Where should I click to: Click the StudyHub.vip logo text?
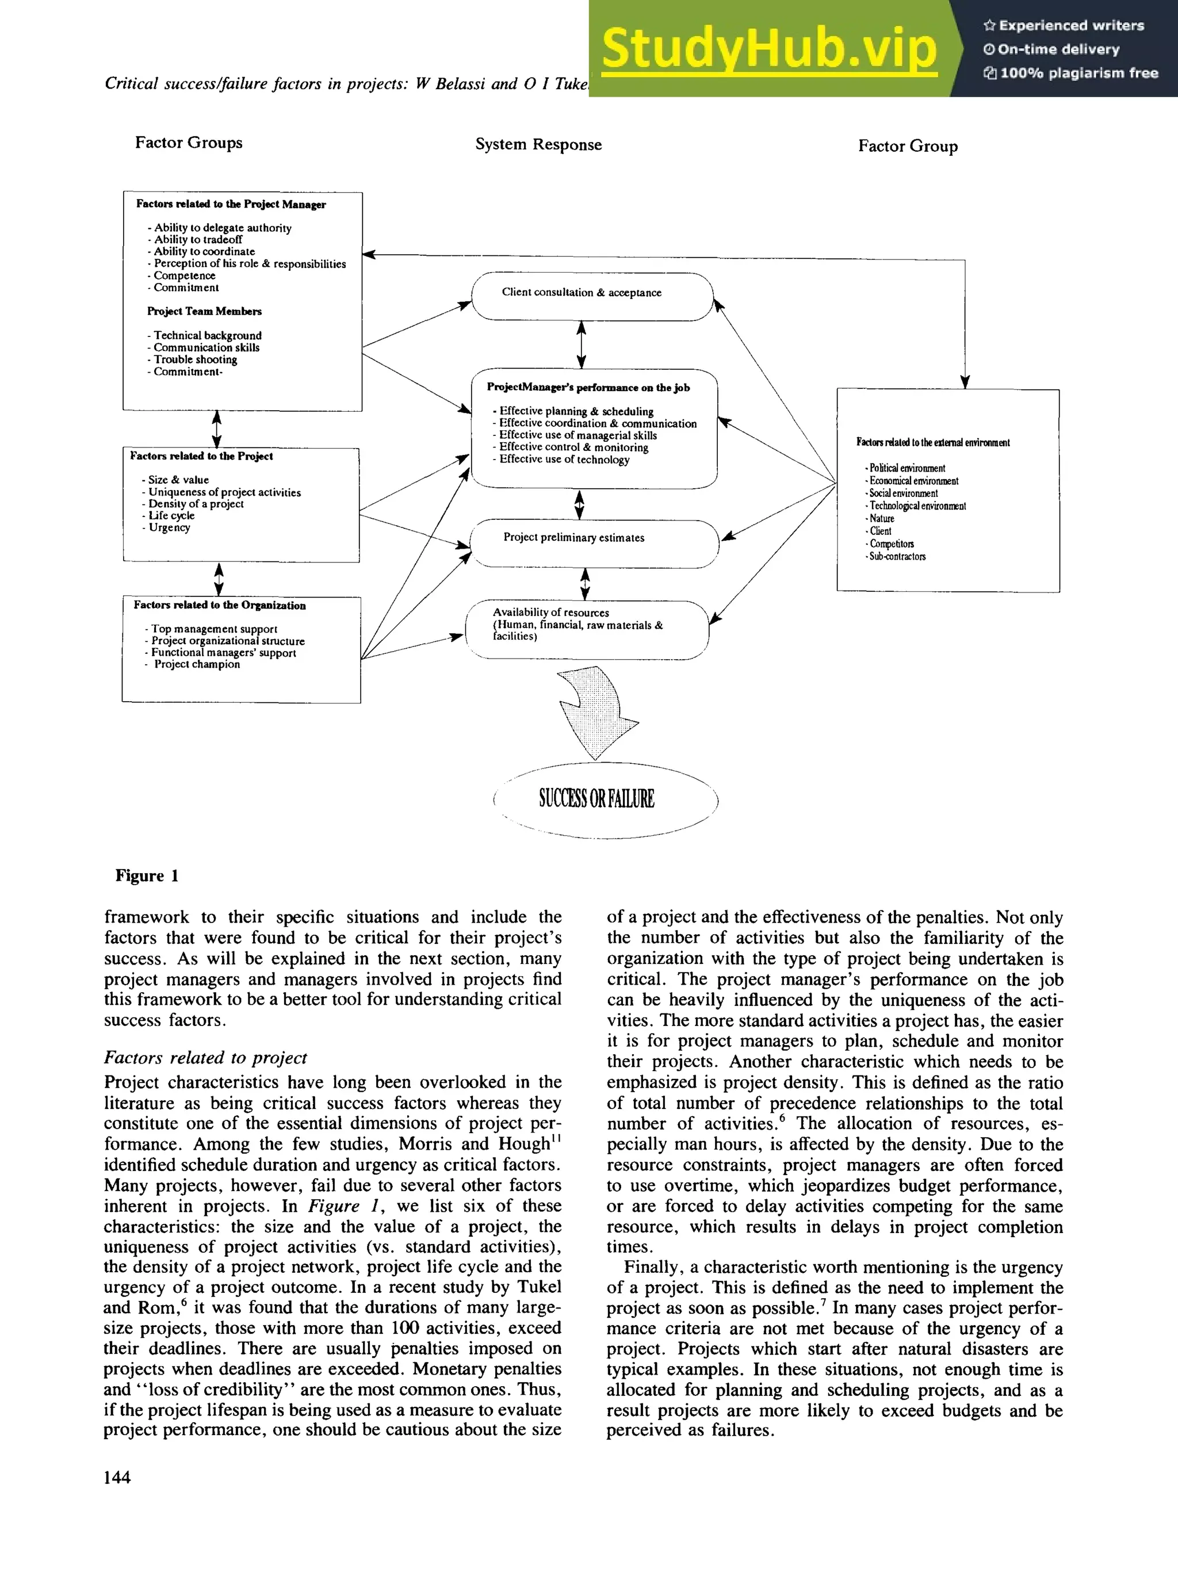point(768,48)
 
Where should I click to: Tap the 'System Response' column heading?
point(538,145)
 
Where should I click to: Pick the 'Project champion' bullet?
point(197,664)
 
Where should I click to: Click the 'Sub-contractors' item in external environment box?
point(897,557)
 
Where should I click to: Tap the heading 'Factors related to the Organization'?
point(220,606)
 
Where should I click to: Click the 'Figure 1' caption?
point(147,875)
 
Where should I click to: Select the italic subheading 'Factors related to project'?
point(205,1058)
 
